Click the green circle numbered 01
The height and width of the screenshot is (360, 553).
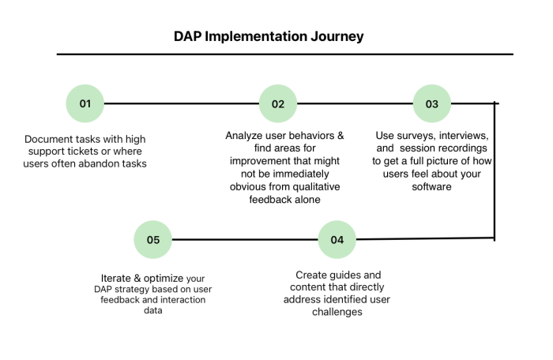(85, 103)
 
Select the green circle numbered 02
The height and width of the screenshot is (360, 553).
(278, 103)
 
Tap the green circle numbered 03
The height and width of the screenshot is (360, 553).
(432, 103)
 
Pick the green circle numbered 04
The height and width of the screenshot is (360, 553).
(337, 239)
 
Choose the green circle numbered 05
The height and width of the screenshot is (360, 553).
(152, 239)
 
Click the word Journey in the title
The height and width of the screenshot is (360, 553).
(337, 36)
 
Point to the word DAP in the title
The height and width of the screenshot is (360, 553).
(189, 36)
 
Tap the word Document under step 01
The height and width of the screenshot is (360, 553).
(51, 139)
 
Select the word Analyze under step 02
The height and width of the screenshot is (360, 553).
(245, 135)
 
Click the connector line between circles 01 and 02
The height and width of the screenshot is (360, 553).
(182, 103)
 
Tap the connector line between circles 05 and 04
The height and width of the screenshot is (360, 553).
(245, 239)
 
